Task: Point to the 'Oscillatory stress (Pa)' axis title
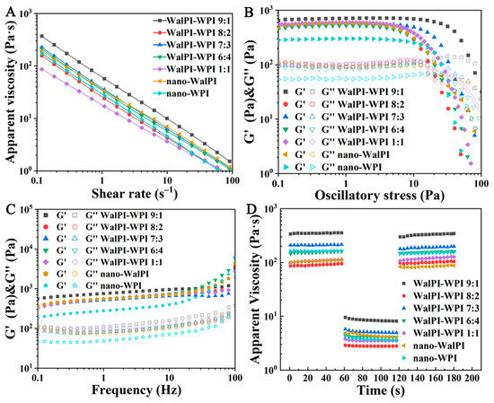coord(387,190)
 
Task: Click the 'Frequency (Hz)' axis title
coord(140,390)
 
